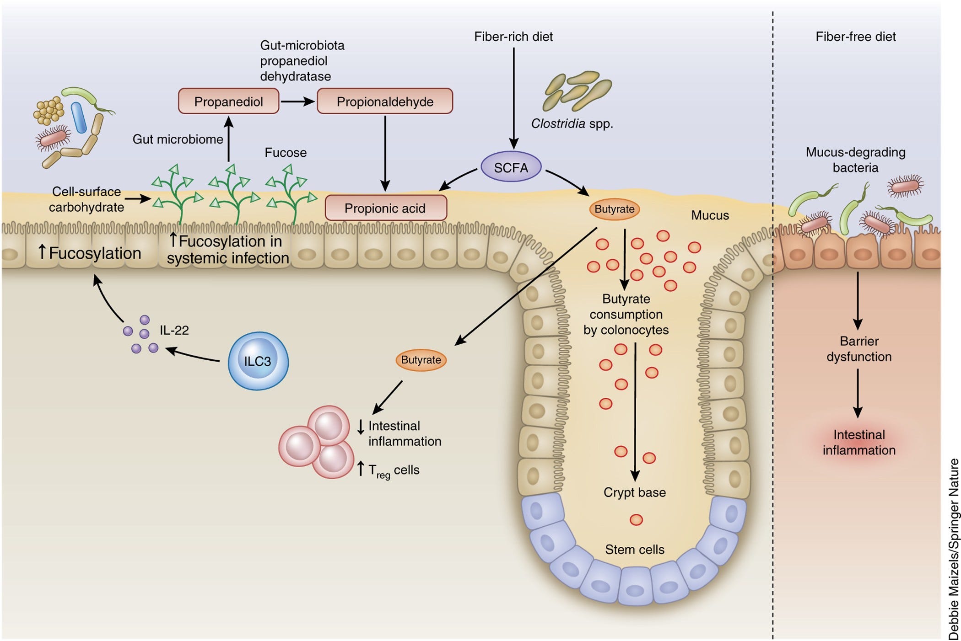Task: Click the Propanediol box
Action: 228,101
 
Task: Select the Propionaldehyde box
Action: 385,101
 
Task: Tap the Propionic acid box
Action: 386,208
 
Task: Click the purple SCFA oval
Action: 511,167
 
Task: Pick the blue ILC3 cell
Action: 258,361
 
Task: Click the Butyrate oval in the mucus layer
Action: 614,209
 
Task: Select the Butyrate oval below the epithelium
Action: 421,360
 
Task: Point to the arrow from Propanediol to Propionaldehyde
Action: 298,101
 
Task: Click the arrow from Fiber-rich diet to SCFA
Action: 513,98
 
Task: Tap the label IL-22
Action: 174,330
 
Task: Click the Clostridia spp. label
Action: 572,123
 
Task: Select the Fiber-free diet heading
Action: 856,37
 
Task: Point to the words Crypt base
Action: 635,492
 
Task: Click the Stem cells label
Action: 635,549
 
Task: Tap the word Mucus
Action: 710,215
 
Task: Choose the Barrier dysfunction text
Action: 859,349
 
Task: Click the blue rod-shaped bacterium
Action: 79,118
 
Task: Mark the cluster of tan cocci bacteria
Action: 48,110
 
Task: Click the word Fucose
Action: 286,153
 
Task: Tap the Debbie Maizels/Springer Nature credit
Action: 954,549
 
